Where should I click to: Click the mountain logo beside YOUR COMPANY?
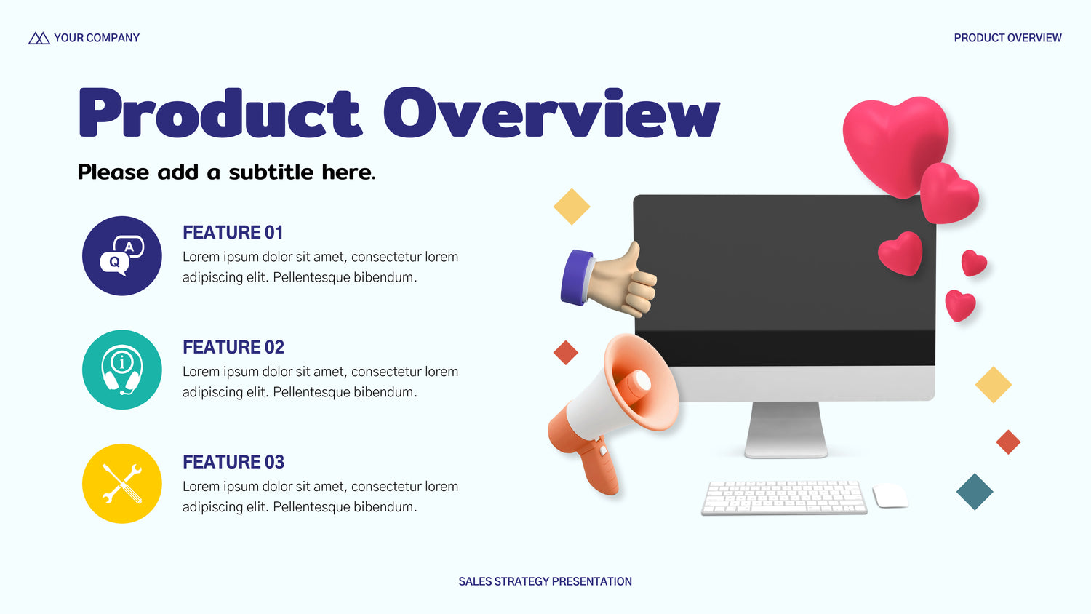39,38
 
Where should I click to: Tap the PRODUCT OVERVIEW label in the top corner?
1007,38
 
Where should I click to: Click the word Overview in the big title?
551,113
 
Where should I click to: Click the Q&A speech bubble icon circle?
121,256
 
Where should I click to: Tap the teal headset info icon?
121,370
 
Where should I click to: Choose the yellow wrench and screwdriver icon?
121,484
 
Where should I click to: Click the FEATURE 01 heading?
233,233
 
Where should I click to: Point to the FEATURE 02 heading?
233,347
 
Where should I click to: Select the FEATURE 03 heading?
233,462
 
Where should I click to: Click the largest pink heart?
895,145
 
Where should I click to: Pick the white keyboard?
784,498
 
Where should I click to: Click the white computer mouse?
890,495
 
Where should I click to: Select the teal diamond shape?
975,492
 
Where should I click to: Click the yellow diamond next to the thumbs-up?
572,207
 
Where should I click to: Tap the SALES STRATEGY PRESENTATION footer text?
545,581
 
